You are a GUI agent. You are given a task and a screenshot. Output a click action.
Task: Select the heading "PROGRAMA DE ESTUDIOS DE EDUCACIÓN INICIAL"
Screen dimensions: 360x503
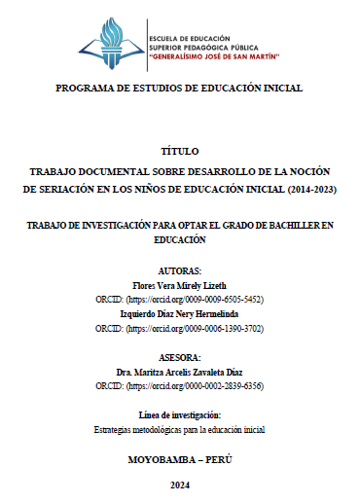[179, 88]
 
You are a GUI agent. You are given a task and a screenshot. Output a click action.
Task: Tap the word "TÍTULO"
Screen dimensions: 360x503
[179, 152]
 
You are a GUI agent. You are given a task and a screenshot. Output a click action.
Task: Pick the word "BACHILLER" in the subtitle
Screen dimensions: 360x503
[283, 224]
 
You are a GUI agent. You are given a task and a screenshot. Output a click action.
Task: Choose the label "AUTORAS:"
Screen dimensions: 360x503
[179, 269]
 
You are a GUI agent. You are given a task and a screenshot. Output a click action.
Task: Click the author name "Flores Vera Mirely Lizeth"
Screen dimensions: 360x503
[179, 284]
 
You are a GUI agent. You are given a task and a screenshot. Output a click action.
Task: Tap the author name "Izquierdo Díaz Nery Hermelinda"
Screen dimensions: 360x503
[179, 314]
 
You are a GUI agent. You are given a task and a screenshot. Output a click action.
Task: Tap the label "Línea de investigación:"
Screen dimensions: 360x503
[179, 414]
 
